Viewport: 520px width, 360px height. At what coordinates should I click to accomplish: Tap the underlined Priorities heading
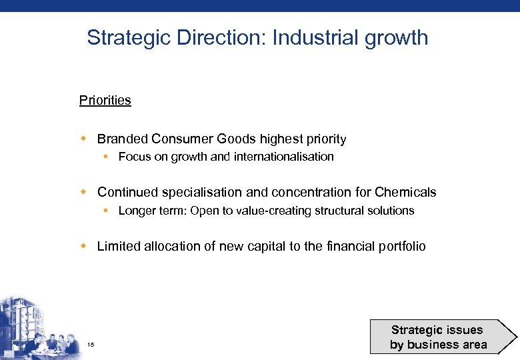[x=105, y=101]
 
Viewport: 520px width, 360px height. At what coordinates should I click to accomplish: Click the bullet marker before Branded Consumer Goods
[x=84, y=139]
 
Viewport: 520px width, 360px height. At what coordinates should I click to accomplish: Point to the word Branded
[x=123, y=139]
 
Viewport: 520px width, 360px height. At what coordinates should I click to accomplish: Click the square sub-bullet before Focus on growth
[x=106, y=157]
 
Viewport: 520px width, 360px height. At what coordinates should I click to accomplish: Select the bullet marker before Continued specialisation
[x=84, y=192]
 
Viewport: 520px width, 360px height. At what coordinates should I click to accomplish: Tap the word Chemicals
[x=405, y=193]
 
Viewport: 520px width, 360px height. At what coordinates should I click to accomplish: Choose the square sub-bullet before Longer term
[x=106, y=211]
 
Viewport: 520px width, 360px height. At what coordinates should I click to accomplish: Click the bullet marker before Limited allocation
[x=84, y=246]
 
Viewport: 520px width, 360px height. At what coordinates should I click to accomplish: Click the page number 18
[x=91, y=344]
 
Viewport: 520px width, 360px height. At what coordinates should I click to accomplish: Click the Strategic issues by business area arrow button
[x=440, y=337]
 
